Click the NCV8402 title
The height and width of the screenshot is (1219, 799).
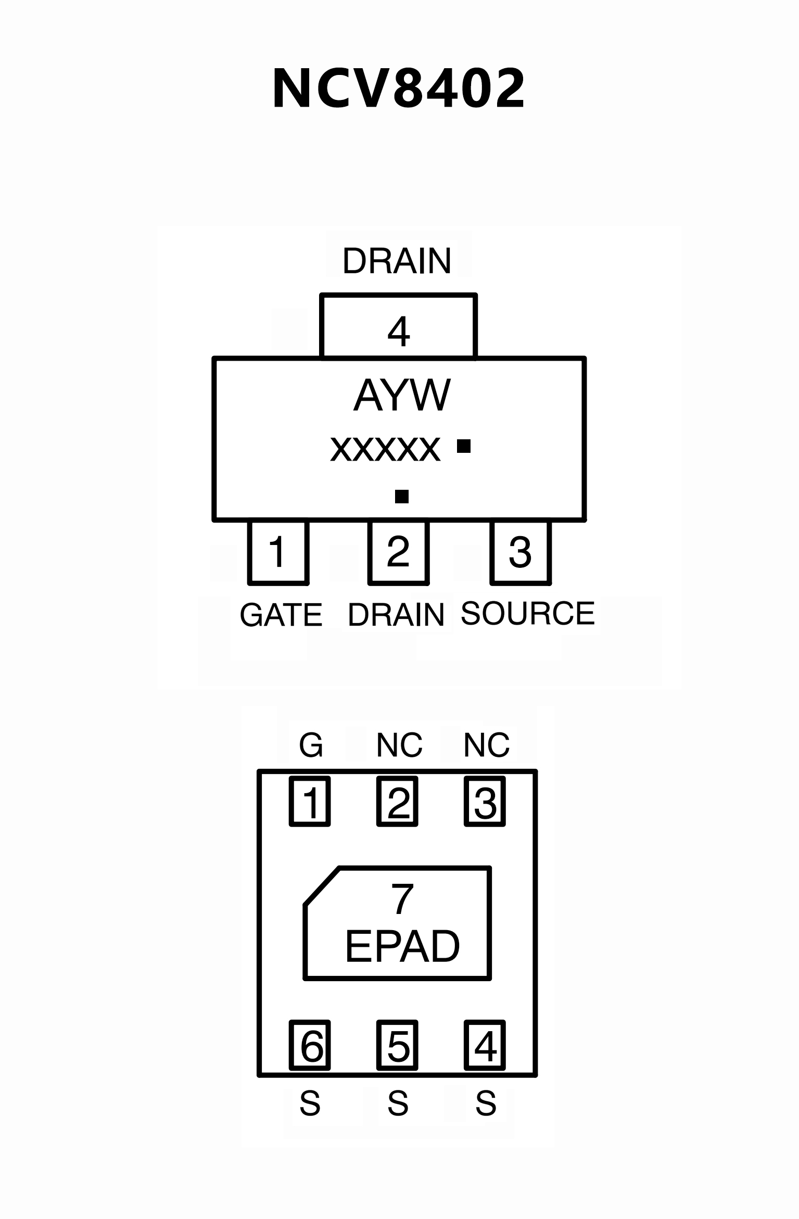[x=399, y=89]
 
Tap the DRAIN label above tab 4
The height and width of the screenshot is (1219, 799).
[x=397, y=261]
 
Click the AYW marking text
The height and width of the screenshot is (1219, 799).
[x=402, y=396]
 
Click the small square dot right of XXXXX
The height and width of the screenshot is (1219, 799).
[x=463, y=446]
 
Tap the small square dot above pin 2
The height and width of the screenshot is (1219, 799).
[x=401, y=497]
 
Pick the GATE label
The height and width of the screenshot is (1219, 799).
[x=281, y=615]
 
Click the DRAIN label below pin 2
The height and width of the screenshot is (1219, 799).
[x=396, y=615]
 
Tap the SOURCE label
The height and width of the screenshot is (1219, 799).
[x=527, y=613]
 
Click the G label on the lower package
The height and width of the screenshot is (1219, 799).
[x=311, y=745]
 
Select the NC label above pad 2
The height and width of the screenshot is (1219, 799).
[x=399, y=745]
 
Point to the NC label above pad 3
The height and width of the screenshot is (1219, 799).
[x=486, y=745]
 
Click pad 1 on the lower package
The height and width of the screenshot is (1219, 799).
[x=310, y=802]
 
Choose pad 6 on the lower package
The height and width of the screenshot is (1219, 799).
[x=310, y=1045]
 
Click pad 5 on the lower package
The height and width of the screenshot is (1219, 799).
[x=398, y=1045]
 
